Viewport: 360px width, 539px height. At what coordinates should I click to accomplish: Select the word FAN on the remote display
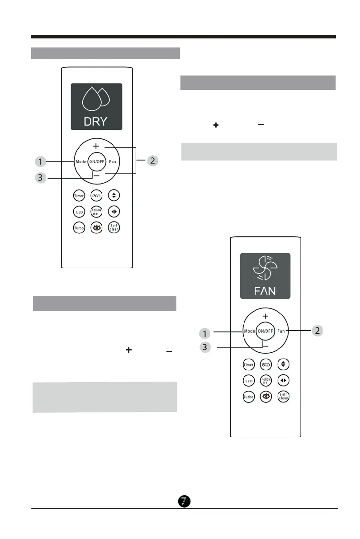tap(265, 290)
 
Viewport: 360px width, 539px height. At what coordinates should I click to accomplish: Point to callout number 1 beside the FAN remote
tap(205, 333)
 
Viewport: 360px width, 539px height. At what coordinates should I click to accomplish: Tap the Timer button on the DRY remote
tap(79, 196)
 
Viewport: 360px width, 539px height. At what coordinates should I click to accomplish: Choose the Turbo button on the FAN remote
tap(249, 397)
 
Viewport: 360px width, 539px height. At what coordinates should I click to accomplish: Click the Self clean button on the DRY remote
tap(114, 227)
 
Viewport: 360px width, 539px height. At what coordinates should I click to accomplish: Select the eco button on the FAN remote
tap(266, 364)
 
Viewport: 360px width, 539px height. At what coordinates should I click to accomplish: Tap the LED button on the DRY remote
tap(79, 212)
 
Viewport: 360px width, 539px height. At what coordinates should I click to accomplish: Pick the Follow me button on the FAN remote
tap(266, 380)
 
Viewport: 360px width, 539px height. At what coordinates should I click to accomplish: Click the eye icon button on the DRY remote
tap(96, 227)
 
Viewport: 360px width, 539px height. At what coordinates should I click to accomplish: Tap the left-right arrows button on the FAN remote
tap(283, 380)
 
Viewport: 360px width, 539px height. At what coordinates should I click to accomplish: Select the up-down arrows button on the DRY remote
tap(114, 196)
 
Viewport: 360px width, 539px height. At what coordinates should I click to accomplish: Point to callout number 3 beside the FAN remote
tap(205, 347)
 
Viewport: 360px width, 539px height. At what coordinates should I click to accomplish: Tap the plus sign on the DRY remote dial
tap(96, 147)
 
